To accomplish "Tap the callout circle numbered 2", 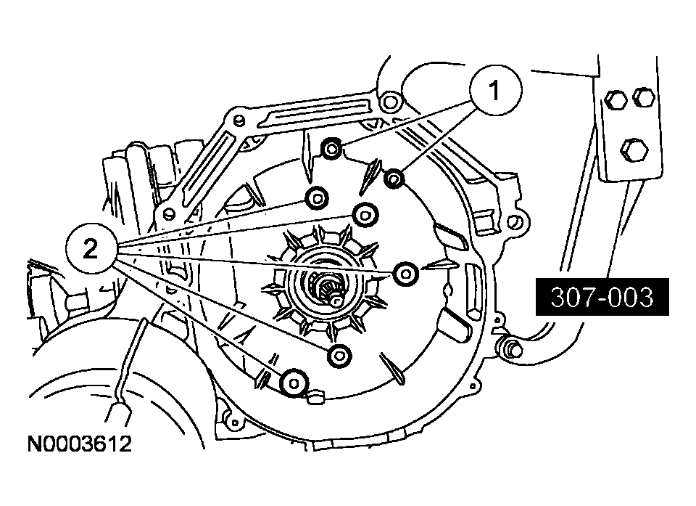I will [90, 249].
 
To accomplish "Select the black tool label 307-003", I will [600, 296].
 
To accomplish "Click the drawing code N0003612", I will [80, 444].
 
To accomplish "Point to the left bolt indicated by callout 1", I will [331, 150].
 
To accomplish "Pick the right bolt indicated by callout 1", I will [395, 178].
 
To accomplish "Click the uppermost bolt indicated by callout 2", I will [316, 197].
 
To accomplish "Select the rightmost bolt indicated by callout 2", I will [405, 273].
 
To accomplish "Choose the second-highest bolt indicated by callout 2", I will [365, 213].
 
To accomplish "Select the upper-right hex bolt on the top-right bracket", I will [642, 96].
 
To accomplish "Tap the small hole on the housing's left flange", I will [168, 214].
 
